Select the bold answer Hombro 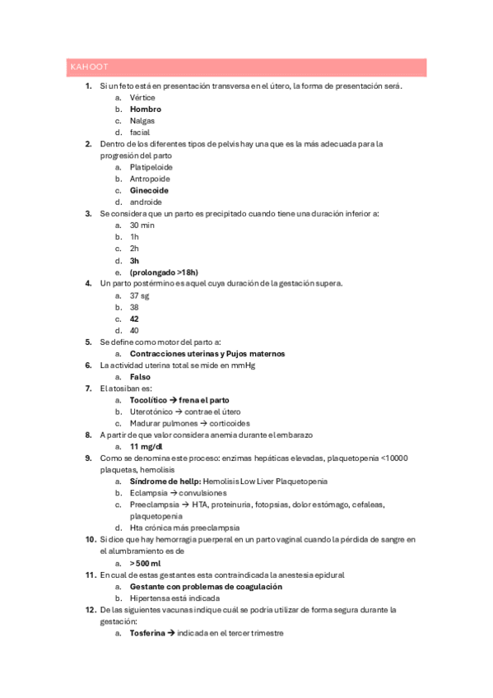tap(146, 109)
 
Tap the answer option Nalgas tap(142, 120)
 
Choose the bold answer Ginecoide tap(149, 190)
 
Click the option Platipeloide tap(151, 167)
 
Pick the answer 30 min tap(142, 225)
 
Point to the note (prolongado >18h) tap(164, 272)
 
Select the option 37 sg tap(140, 295)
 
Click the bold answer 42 tap(135, 319)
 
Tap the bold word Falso tap(140, 376)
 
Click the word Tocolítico tap(148, 399)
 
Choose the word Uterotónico tap(151, 411)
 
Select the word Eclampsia tap(149, 492)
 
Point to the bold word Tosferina tap(147, 633)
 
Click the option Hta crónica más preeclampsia tap(184, 527)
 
